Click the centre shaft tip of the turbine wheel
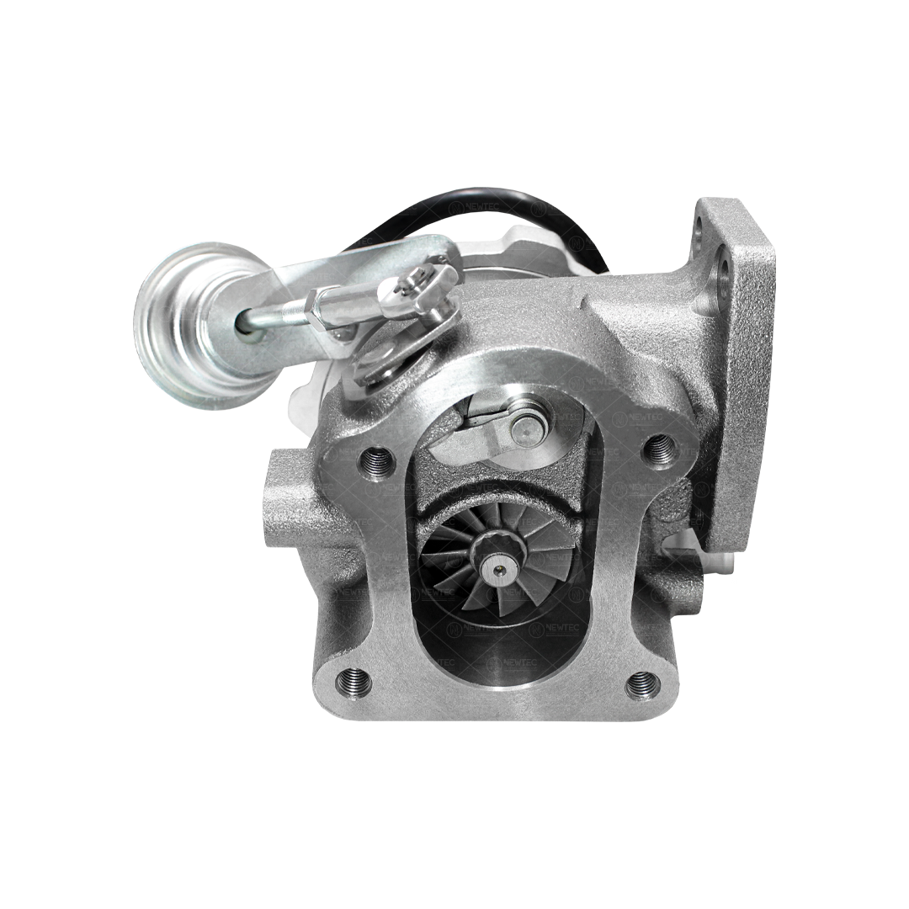(x=501, y=571)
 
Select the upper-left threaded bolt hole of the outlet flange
(x=375, y=460)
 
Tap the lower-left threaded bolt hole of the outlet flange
(x=353, y=681)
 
